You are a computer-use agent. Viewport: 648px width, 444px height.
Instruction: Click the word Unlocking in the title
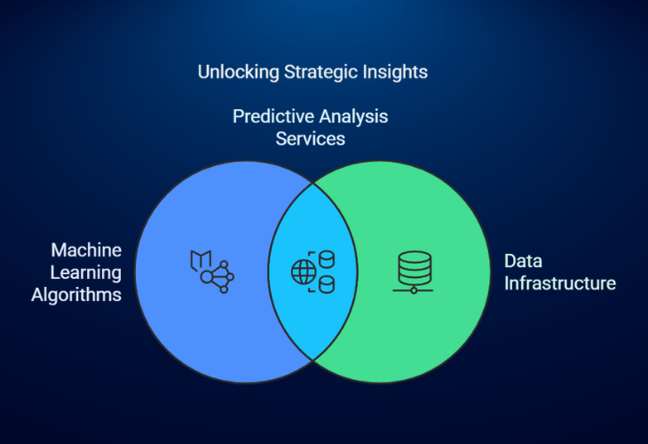[x=239, y=72]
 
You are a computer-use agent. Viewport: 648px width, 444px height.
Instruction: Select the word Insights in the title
[x=395, y=72]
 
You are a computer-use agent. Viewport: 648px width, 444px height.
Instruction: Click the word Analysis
[x=353, y=116]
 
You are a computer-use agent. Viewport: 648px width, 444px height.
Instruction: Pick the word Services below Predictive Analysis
[x=311, y=139]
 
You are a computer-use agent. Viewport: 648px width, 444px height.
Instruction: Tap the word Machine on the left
[x=86, y=250]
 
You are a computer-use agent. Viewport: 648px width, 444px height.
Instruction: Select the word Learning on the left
[x=86, y=274]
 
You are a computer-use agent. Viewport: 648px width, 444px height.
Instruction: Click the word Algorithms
[x=76, y=295]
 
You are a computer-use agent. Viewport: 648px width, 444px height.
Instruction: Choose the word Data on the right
[x=523, y=261]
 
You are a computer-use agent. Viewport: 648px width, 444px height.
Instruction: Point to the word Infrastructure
[x=560, y=283]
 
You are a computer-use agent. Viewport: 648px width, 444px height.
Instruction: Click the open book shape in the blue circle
[x=201, y=260]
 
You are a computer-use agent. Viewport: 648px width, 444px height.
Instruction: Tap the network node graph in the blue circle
[x=217, y=276]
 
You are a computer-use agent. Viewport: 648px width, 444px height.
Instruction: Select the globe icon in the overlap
[x=304, y=272]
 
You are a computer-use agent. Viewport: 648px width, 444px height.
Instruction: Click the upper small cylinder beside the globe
[x=327, y=259]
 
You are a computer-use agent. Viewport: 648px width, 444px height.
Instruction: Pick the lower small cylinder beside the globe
[x=327, y=285]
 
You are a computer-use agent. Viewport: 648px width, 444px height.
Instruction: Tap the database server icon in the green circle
[x=414, y=273]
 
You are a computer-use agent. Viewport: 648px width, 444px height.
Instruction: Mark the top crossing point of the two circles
[x=312, y=183]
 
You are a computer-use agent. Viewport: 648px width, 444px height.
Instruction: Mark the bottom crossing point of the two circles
[x=312, y=361]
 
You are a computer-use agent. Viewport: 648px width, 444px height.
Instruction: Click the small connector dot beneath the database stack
[x=414, y=290]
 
